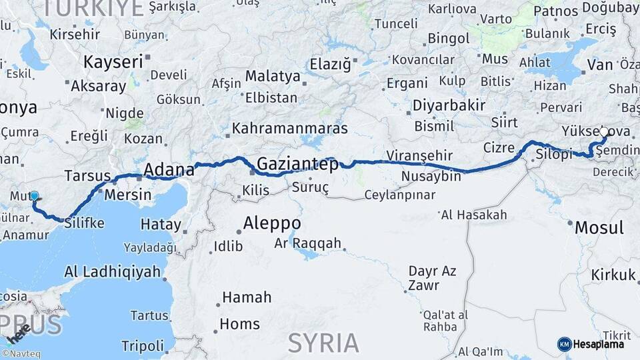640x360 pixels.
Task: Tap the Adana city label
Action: point(169,169)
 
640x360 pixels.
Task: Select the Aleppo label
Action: point(272,223)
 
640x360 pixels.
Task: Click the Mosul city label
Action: point(599,227)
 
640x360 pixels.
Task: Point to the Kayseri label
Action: point(113,62)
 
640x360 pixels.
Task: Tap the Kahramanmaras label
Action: point(290,127)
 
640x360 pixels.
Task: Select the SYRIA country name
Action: point(323,343)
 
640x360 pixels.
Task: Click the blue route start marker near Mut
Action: point(34,197)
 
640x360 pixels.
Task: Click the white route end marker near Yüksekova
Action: point(604,131)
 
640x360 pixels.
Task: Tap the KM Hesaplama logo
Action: point(591,344)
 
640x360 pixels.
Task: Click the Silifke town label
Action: point(84,223)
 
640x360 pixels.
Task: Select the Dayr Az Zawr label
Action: point(433,278)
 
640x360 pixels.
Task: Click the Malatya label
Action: point(273,76)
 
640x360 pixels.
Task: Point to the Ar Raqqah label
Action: point(307,243)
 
